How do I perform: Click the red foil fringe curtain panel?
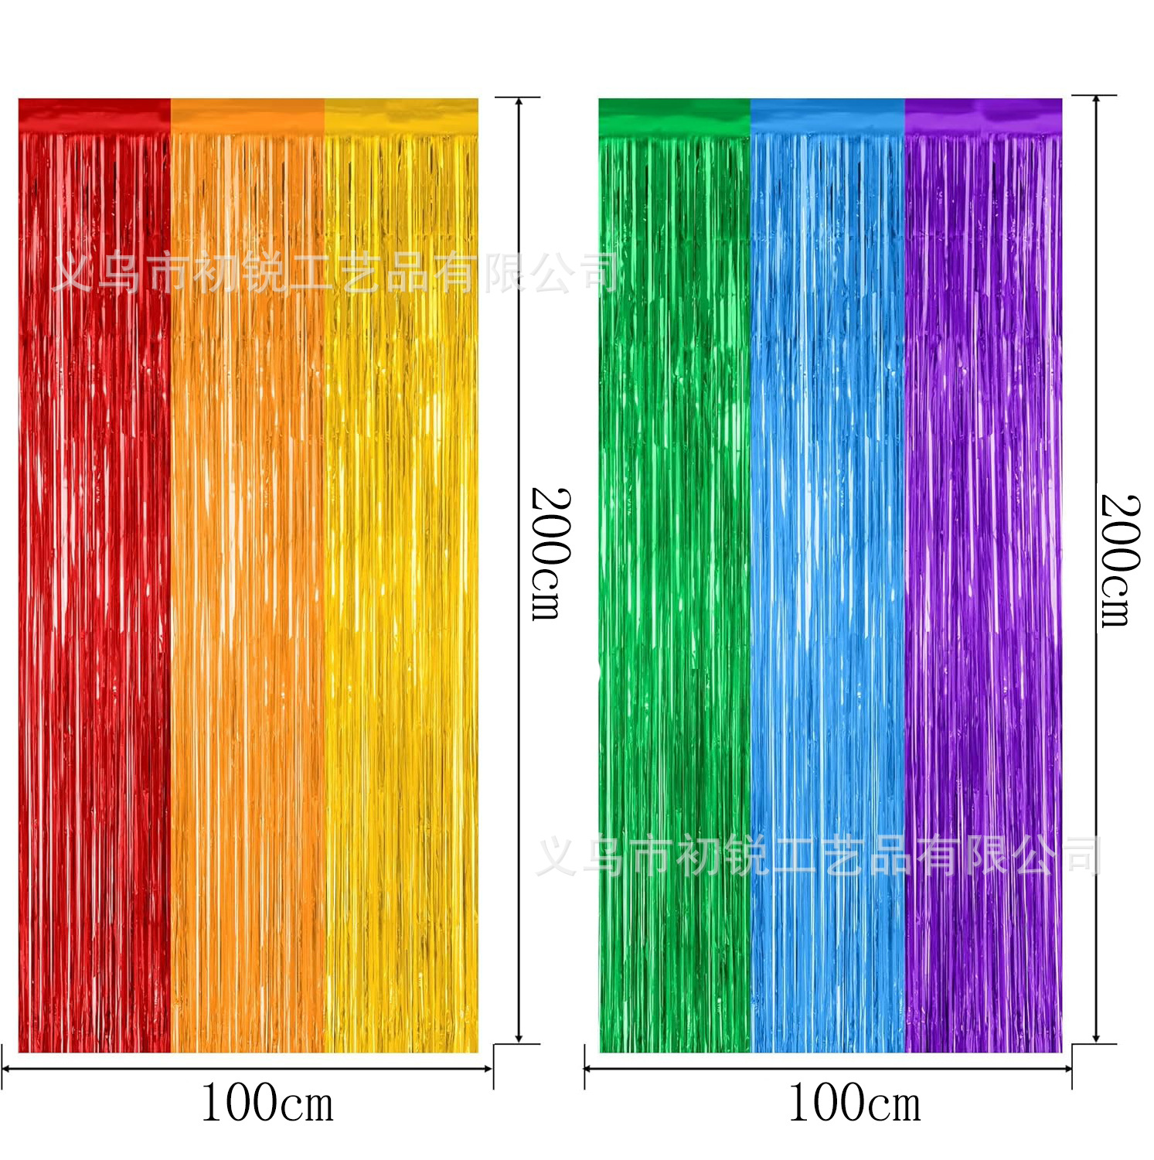pyautogui.click(x=94, y=588)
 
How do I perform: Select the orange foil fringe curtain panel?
pyautogui.click(x=247, y=588)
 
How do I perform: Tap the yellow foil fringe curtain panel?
pyautogui.click(x=401, y=588)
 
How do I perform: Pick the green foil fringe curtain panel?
pyautogui.click(x=675, y=588)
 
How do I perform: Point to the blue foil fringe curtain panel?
pyautogui.click(x=828, y=588)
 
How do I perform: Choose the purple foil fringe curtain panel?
pyautogui.click(x=983, y=588)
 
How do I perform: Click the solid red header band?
pyautogui.click(x=94, y=115)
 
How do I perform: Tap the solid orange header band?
pyautogui.click(x=247, y=115)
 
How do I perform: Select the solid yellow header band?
pyautogui.click(x=401, y=115)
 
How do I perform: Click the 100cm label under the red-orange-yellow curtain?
pyautogui.click(x=267, y=1103)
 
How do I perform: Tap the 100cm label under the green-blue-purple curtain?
pyautogui.click(x=854, y=1103)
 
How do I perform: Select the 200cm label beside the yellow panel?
pyautogui.click(x=551, y=554)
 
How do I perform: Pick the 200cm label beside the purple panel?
pyautogui.click(x=1120, y=560)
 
